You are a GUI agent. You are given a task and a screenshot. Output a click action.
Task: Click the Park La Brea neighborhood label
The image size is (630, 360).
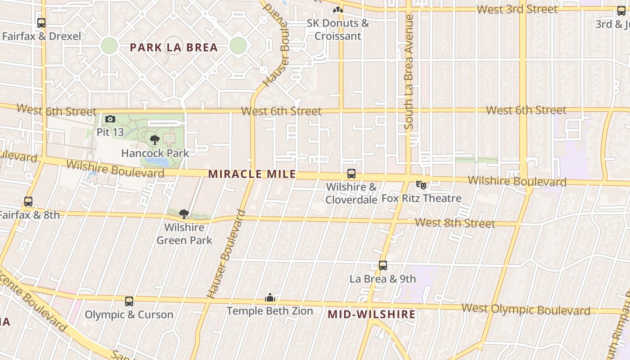174,47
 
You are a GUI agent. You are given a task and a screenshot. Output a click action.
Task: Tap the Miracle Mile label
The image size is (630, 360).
252,174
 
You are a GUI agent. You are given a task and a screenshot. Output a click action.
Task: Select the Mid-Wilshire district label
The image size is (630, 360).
371,314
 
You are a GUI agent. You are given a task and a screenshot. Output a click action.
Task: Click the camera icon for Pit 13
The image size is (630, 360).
110,119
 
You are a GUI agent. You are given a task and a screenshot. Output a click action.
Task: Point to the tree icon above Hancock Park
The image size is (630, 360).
155,140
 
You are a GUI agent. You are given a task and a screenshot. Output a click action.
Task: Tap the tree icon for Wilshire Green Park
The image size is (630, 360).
184,214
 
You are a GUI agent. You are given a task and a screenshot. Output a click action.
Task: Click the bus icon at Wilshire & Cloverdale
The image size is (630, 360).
351,174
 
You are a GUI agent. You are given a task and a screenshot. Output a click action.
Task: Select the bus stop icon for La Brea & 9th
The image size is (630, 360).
383,265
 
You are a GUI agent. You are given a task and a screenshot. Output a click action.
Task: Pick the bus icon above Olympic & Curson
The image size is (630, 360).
129,301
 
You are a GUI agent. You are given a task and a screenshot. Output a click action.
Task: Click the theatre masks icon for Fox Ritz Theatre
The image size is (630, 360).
421,184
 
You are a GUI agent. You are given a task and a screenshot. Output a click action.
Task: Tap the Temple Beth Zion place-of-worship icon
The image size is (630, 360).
270,297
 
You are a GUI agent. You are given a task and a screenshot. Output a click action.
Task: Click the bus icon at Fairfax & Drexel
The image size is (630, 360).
41,22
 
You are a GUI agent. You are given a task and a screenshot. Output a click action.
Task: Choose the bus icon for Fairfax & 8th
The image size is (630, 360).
28,202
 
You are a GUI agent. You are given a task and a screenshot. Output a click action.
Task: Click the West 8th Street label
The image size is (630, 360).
454,223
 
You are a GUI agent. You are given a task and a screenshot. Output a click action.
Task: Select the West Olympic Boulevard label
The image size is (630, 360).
526,310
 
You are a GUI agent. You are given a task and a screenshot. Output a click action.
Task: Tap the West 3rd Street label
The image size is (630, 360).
517,9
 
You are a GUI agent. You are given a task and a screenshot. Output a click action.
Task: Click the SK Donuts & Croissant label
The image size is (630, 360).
338,30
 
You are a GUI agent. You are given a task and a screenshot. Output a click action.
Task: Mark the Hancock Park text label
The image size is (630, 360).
155,153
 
